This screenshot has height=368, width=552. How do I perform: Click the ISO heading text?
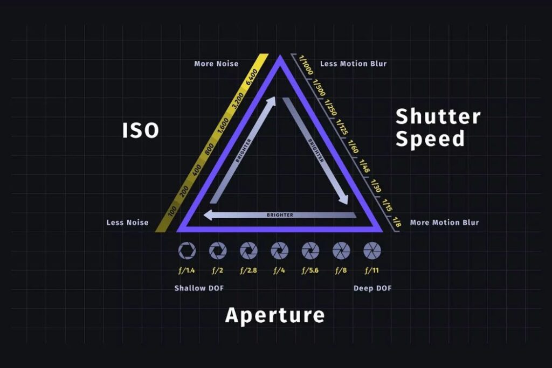(141, 130)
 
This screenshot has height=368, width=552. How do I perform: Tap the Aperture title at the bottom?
(274, 315)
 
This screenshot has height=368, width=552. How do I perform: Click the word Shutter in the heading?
(438, 116)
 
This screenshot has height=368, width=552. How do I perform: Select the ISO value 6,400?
(252, 77)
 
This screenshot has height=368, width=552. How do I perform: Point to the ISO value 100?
(172, 211)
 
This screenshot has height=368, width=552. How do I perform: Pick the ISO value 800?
(209, 149)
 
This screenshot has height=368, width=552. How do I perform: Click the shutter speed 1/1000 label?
(305, 65)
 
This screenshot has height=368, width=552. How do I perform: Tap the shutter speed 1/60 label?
(353, 147)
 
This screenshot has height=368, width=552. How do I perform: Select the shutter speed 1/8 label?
(397, 222)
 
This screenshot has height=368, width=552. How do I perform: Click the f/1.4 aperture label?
(187, 270)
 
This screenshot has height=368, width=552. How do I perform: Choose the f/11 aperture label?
(372, 270)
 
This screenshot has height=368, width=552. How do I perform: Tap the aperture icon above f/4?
(280, 251)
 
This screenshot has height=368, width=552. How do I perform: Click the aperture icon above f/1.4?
(187, 251)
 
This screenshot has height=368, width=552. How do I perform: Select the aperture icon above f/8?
(341, 251)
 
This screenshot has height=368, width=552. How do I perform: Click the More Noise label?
(216, 64)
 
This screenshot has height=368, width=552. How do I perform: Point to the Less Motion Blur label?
(354, 64)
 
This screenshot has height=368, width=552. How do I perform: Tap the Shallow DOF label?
(199, 288)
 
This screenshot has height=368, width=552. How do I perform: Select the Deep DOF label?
(372, 288)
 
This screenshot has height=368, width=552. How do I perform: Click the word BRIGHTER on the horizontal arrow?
(280, 215)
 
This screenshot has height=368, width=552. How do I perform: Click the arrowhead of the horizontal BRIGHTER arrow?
(208, 215)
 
